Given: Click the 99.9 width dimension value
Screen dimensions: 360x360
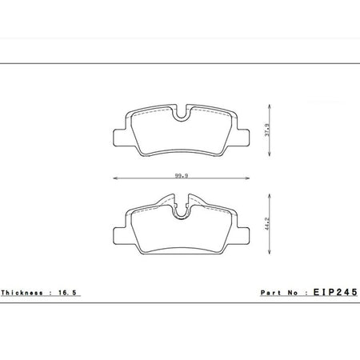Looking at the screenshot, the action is pos(182,176).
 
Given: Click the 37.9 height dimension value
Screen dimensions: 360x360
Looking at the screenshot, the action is pos(267,130).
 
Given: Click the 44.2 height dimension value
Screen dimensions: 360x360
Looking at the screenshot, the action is pos(267,223).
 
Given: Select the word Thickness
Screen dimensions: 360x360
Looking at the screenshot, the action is pos(22,293).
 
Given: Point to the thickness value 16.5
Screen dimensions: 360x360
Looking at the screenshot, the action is pos(67,293).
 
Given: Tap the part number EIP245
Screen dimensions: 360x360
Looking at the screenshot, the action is pos(335,292).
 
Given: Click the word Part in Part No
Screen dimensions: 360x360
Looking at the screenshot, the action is pos(270,293).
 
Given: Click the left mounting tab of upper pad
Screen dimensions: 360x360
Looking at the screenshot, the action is pos(119,138).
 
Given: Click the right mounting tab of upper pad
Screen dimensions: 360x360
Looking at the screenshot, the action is pos(243,138).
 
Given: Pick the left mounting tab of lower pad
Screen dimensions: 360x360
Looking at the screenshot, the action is pos(119,236).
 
